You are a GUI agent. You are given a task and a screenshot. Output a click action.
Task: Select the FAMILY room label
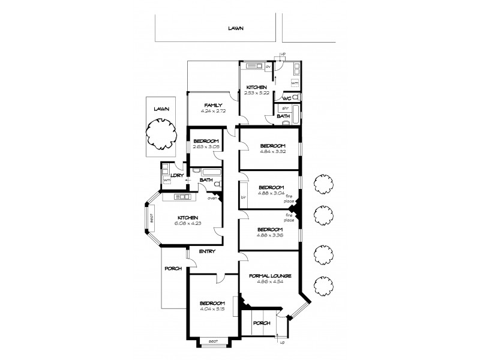tap(213, 105)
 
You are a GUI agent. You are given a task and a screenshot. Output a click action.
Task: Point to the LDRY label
tap(176, 175)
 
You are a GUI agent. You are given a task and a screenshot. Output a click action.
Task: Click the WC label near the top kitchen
tap(287, 98)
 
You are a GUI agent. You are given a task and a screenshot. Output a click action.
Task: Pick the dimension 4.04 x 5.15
tap(212, 309)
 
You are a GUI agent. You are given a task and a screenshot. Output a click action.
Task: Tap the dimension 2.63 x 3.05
tap(205, 147)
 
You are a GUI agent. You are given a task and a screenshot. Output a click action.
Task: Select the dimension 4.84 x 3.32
tap(272, 152)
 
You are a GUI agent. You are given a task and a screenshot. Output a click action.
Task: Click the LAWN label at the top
tap(236, 28)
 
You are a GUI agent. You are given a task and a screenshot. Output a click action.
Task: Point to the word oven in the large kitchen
tap(212, 198)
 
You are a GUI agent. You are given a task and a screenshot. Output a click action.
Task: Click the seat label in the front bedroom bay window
tap(212, 341)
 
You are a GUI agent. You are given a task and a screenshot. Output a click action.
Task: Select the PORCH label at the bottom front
tap(262, 323)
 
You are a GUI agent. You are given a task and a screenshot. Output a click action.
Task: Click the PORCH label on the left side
tap(173, 268)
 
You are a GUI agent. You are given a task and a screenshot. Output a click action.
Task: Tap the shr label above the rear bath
tap(286, 108)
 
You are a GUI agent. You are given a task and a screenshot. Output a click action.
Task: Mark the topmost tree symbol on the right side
tap(323, 182)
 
